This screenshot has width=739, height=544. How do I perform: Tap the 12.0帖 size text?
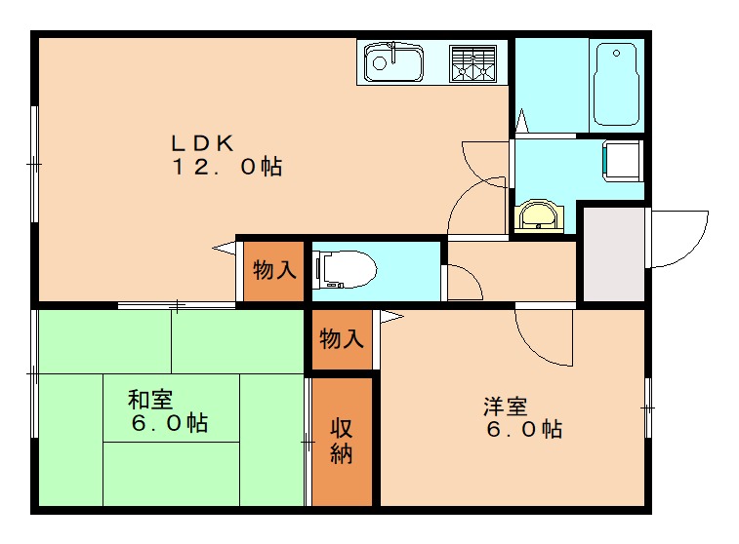227,168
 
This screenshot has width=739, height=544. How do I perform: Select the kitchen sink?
392,63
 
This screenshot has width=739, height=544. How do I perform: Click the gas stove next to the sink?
472,63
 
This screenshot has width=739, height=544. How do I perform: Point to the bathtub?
617,85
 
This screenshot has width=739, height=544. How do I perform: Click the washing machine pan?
621,161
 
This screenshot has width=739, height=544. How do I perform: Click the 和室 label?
151,400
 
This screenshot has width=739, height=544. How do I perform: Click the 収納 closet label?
340,442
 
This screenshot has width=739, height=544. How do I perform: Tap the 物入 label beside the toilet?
273,271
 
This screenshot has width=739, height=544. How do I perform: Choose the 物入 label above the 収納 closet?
342,339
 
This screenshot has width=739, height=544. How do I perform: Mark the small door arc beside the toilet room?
465,283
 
